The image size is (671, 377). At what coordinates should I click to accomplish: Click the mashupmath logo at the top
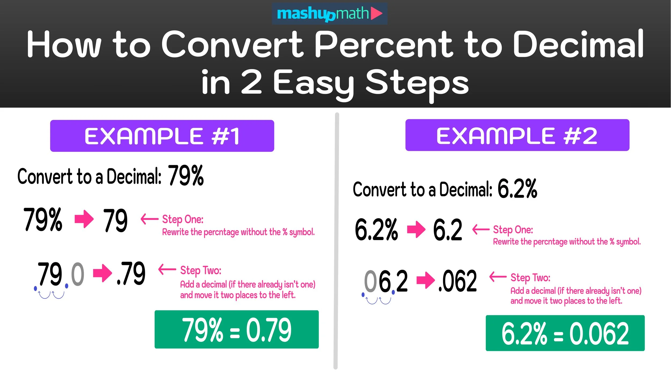click(329, 14)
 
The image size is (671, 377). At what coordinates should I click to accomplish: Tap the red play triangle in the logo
click(376, 13)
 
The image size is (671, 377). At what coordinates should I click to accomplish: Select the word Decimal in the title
click(578, 44)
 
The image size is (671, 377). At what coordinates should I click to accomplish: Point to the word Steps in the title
click(417, 83)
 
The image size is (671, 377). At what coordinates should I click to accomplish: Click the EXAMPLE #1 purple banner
click(162, 136)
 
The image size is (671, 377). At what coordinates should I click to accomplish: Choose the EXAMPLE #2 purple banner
click(517, 135)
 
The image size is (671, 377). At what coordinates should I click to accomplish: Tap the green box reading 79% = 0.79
click(236, 330)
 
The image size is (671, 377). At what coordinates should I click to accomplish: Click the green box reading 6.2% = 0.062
click(565, 333)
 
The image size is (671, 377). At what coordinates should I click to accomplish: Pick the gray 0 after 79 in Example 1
click(78, 274)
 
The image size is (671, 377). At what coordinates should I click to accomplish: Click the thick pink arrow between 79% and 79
click(84, 219)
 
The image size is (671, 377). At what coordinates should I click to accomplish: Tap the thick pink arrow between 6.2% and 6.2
click(416, 230)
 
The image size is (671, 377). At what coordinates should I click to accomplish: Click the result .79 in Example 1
click(131, 273)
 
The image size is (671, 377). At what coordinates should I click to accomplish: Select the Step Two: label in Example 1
click(200, 270)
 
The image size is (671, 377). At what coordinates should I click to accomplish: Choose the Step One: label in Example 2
click(513, 230)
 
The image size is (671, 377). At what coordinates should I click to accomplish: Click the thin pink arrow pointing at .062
click(498, 277)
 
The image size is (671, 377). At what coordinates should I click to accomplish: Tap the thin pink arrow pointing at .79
click(167, 269)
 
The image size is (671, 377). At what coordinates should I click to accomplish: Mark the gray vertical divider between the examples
click(336, 241)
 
